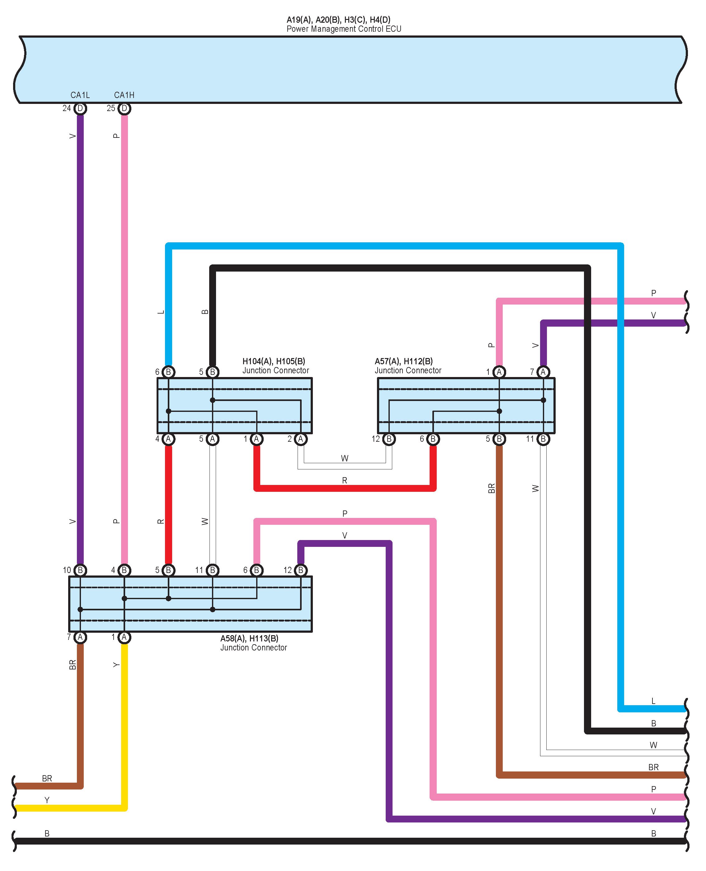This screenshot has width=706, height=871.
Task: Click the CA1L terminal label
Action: coord(80,95)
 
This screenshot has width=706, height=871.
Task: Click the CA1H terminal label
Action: coord(124,95)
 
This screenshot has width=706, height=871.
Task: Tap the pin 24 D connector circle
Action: coord(80,109)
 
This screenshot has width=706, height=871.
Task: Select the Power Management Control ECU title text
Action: coord(344,29)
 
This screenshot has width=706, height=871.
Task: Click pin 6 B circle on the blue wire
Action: coord(168,372)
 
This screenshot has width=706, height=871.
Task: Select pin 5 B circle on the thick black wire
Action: coord(212,372)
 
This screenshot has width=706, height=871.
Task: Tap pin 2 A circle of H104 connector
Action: coord(300,439)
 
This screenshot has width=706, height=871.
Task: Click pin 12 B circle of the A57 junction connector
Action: coord(389,439)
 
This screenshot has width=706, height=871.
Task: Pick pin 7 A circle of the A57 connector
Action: coord(543,372)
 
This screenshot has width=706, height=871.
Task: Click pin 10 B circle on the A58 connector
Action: coord(80,570)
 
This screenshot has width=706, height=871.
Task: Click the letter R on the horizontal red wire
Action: coord(345,480)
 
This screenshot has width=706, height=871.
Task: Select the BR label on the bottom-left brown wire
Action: coord(47,778)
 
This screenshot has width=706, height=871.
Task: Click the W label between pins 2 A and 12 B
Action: coord(345,459)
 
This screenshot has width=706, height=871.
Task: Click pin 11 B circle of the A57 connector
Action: coord(543,439)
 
